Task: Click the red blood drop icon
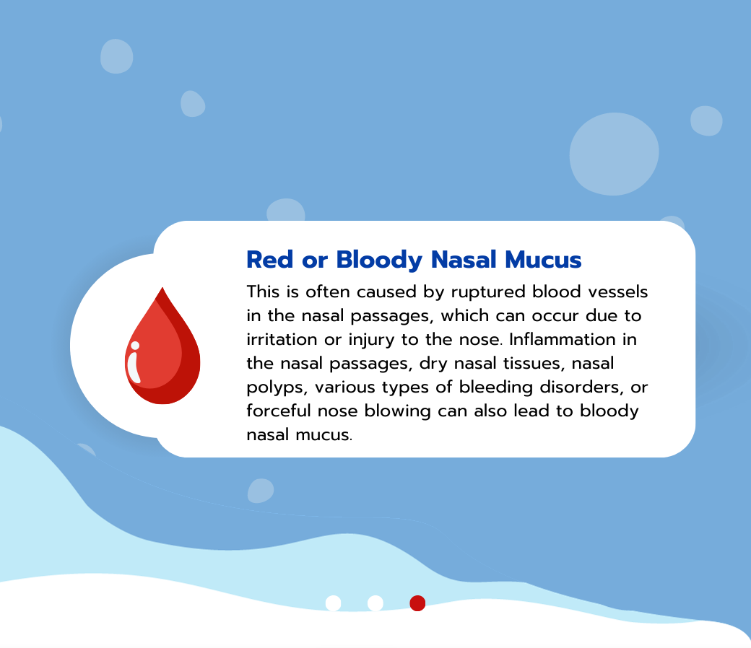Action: (x=162, y=350)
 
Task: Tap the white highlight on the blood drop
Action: (x=134, y=362)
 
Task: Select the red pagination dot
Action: (x=417, y=603)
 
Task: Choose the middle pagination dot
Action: (x=375, y=603)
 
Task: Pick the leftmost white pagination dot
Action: (x=333, y=603)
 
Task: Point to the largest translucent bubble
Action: (x=614, y=154)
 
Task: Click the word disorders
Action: (x=579, y=388)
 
